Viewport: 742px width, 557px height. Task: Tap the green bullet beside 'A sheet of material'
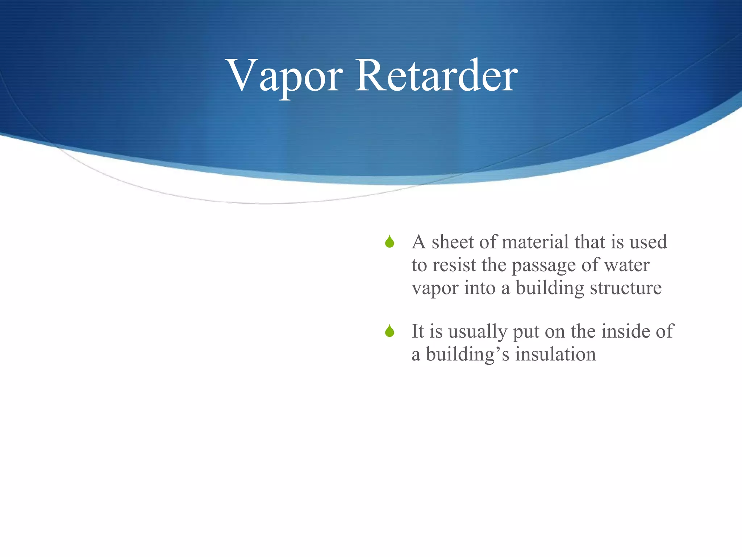click(x=389, y=242)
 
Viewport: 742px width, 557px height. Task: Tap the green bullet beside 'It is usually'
click(x=389, y=331)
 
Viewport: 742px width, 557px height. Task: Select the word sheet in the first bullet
click(x=453, y=242)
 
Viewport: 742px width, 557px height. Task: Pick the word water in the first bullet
click(x=626, y=265)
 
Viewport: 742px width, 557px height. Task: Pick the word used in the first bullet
click(x=648, y=242)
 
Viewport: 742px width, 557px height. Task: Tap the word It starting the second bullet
click(x=417, y=331)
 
